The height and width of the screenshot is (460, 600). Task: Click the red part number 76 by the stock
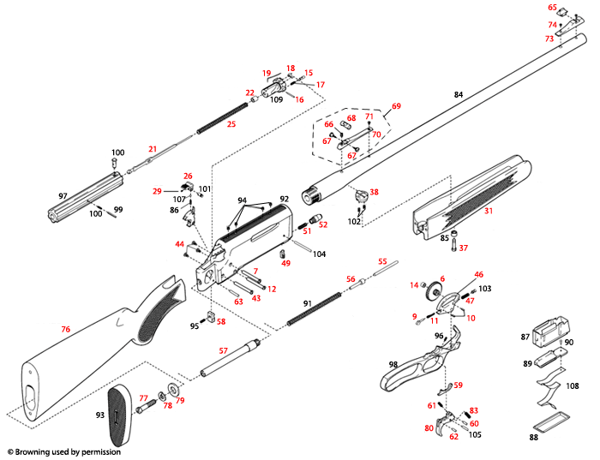tap(65, 329)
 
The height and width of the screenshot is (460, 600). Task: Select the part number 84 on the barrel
tap(458, 94)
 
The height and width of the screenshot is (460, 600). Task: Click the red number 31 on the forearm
tap(489, 211)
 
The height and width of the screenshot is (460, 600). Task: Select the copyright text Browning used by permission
tap(63, 451)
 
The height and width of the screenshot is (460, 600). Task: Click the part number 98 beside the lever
tap(393, 365)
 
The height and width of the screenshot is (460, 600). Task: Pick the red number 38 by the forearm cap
tap(374, 192)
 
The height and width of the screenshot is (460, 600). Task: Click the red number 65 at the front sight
tap(552, 8)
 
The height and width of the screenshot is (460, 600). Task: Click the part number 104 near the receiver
tap(319, 254)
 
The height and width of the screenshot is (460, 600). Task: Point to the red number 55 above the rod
tap(382, 260)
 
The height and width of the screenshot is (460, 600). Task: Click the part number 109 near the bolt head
tap(277, 100)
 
